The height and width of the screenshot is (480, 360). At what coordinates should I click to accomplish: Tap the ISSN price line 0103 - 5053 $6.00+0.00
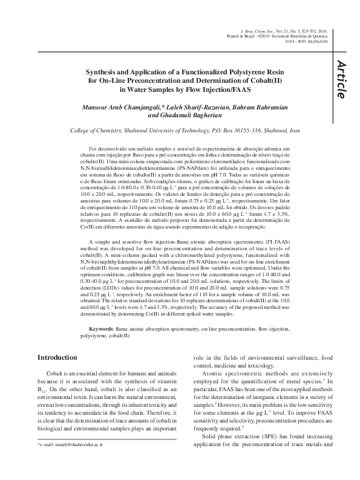[x=302, y=42]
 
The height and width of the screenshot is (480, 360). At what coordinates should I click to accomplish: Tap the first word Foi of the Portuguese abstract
[x=93, y=148]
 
